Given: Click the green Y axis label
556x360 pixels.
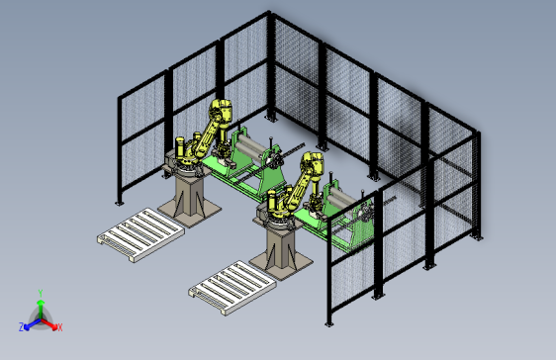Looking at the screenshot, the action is (41, 293).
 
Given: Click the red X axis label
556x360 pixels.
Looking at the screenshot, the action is (60, 327).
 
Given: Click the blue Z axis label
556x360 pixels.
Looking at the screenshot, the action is (21, 326).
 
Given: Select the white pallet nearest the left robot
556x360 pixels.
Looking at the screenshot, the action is (140, 235).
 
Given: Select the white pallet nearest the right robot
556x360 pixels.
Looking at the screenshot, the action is (232, 288).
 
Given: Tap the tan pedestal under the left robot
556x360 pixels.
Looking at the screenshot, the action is (190, 200).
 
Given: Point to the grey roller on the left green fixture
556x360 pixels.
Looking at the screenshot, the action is (250, 145).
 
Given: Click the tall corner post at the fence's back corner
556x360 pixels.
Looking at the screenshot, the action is (270, 66).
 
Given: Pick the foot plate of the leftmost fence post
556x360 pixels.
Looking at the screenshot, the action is (119, 203).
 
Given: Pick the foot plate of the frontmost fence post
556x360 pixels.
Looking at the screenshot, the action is (329, 323).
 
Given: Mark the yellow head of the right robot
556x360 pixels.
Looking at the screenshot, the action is (313, 163).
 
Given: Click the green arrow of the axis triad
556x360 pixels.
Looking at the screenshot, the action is (41, 309).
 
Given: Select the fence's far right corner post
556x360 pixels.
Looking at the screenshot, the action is (478, 185).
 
